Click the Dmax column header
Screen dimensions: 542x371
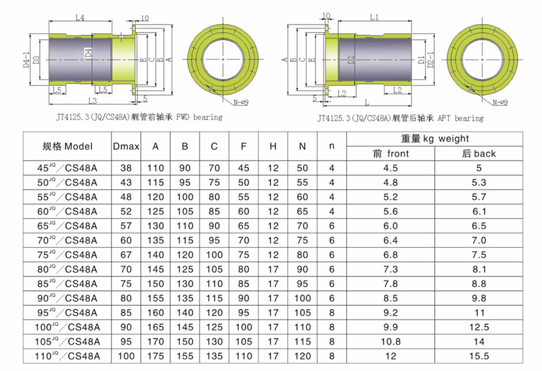tap(126, 146)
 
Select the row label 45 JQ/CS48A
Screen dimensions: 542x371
tap(67, 168)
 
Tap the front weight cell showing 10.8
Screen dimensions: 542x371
tap(391, 342)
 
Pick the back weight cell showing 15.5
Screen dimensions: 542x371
tap(479, 356)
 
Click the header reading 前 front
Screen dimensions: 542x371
tap(391, 154)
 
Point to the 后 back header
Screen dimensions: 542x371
tap(479, 154)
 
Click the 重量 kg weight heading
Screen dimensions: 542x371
tap(434, 139)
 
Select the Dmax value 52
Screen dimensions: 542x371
tap(126, 211)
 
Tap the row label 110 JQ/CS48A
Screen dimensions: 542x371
tap(67, 356)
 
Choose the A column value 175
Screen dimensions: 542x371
tap(155, 356)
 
